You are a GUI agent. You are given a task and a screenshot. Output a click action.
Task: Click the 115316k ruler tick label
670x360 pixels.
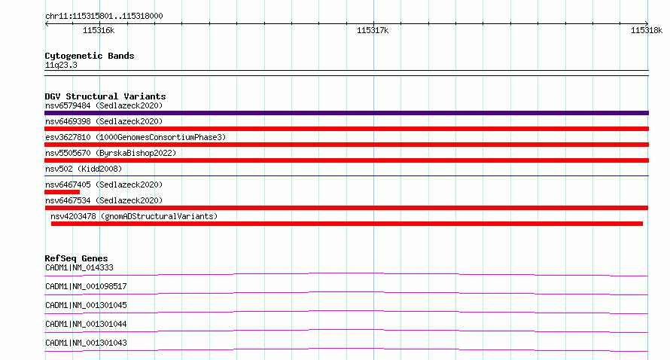[x=99, y=30]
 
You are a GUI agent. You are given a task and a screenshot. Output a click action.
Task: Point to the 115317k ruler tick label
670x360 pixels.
[x=373, y=30]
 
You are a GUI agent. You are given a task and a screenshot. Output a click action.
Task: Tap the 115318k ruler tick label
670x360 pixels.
[x=647, y=30]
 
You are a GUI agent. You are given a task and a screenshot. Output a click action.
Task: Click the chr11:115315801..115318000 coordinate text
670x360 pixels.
[x=104, y=16]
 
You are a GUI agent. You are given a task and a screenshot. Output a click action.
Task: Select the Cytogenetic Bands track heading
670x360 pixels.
[x=90, y=56]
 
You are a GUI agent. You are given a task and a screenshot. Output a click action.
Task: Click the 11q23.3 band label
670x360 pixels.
[x=61, y=65]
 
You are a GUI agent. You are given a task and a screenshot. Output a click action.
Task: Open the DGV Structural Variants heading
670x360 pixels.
[x=105, y=96]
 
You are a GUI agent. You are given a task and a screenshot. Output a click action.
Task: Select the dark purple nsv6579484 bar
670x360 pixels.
[x=346, y=113]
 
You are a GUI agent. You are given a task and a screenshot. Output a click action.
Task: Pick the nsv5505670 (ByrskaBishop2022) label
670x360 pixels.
[x=111, y=153]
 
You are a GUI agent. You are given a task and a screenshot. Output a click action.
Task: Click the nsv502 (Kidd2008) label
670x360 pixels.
[x=84, y=169]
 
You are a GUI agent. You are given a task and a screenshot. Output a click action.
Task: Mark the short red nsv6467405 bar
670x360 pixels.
[x=62, y=192]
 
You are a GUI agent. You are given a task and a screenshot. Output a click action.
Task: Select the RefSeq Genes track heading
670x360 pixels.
[x=76, y=258]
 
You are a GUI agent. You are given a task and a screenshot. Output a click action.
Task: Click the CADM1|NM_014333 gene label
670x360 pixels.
[x=79, y=267]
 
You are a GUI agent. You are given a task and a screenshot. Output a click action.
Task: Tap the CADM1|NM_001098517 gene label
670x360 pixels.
[x=86, y=286]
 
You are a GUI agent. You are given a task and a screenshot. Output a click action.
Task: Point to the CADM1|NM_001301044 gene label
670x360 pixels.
[x=86, y=324]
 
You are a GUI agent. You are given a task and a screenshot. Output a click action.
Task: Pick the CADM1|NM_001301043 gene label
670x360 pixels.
[x=86, y=343]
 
